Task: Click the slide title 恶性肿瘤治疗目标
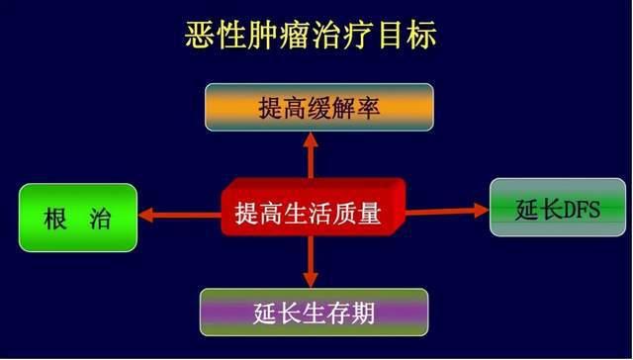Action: click(x=316, y=38)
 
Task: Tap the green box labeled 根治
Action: click(x=78, y=218)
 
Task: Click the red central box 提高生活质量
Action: click(x=310, y=212)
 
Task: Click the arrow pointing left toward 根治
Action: click(x=178, y=213)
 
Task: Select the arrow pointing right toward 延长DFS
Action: click(x=446, y=211)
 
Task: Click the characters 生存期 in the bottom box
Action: click(x=337, y=314)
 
